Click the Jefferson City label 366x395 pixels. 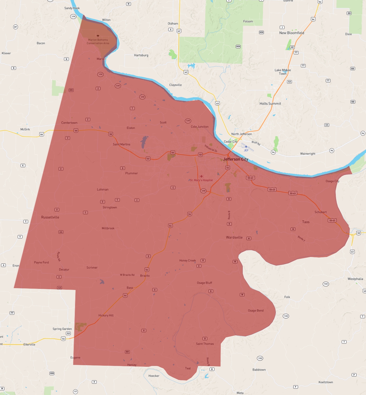[x=235, y=159]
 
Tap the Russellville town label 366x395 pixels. [x=50, y=217]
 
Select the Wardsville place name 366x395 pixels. [x=234, y=237]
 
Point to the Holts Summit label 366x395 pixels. [x=270, y=104]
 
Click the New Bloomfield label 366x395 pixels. [x=291, y=33]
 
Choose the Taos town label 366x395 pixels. [x=306, y=222]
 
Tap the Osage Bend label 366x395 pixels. [x=255, y=311]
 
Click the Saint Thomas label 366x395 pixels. [x=205, y=344]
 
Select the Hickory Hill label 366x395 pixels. [x=106, y=315]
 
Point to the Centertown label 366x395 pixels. [x=69, y=123]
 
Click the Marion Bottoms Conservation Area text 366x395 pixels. [x=98, y=42]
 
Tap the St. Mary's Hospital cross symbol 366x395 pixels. [x=202, y=176]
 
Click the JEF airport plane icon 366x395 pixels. [x=246, y=147]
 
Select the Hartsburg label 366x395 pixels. [x=141, y=55]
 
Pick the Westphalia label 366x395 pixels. [x=355, y=279]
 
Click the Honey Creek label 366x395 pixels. [x=187, y=260]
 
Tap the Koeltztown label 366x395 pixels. [x=326, y=382]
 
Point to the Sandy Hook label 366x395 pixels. [x=72, y=8]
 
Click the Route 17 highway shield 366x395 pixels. [x=75, y=392]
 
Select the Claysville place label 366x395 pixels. [x=175, y=85]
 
